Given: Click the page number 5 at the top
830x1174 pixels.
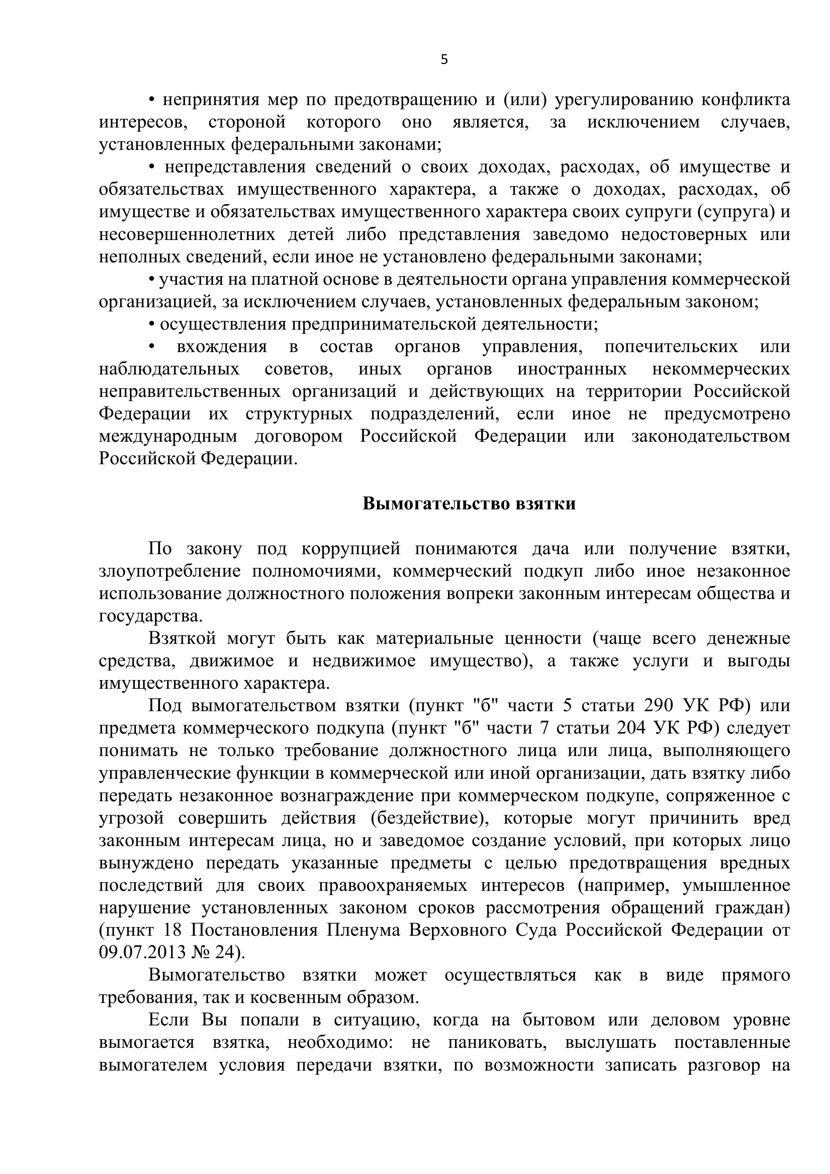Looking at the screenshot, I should click(x=444, y=60).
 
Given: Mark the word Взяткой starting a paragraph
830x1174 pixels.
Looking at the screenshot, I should click(x=182, y=639).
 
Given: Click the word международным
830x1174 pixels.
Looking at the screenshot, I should click(x=168, y=436).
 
